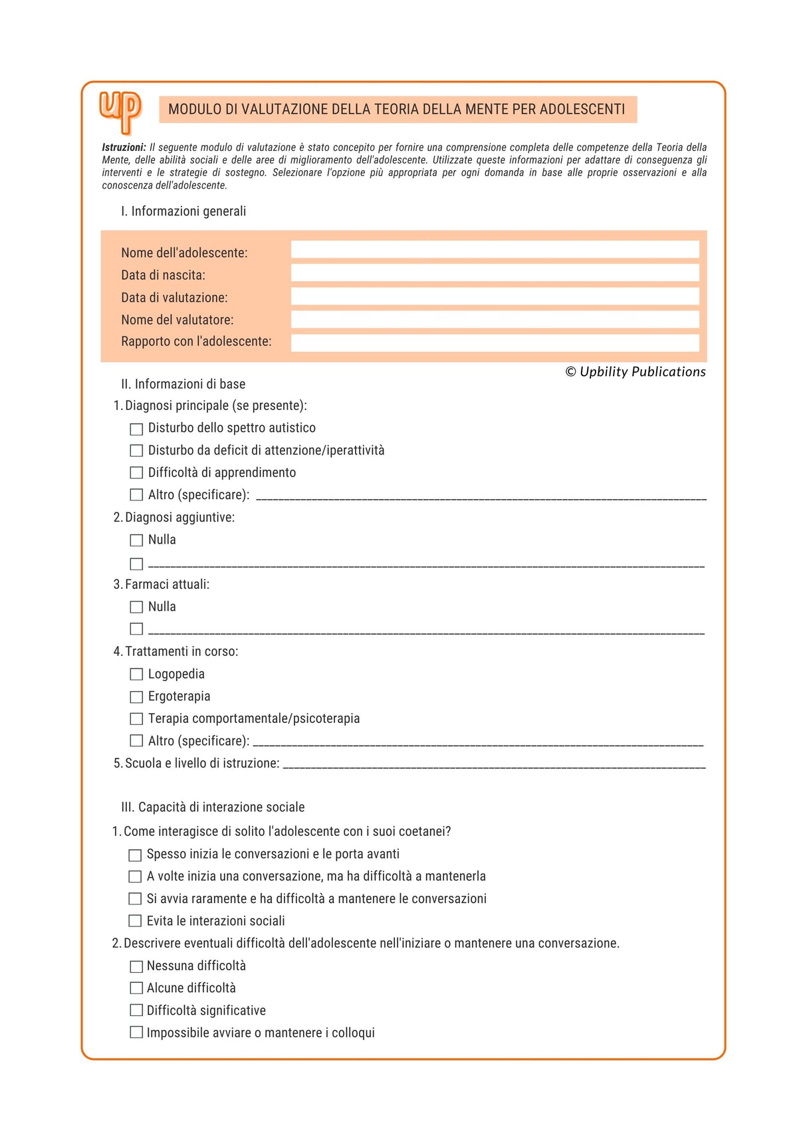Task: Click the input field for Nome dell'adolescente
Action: point(495,250)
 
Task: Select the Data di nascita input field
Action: point(495,273)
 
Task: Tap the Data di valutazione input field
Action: point(495,296)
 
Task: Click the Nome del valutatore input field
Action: point(495,320)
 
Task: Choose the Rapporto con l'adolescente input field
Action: point(495,343)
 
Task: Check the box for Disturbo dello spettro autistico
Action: point(136,429)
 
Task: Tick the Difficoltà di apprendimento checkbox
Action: point(136,473)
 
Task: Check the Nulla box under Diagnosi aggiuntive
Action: point(136,540)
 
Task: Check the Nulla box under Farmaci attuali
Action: point(136,607)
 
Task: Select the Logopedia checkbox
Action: point(136,674)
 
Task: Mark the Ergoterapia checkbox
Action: point(136,697)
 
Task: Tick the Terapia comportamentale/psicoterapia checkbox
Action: point(136,719)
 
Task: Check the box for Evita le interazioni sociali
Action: point(135,921)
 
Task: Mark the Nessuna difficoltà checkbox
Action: point(136,967)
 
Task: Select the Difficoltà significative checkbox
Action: point(136,1011)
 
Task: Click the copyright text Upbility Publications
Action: point(635,372)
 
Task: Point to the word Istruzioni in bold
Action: point(124,148)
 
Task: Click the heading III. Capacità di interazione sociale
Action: point(213,807)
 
